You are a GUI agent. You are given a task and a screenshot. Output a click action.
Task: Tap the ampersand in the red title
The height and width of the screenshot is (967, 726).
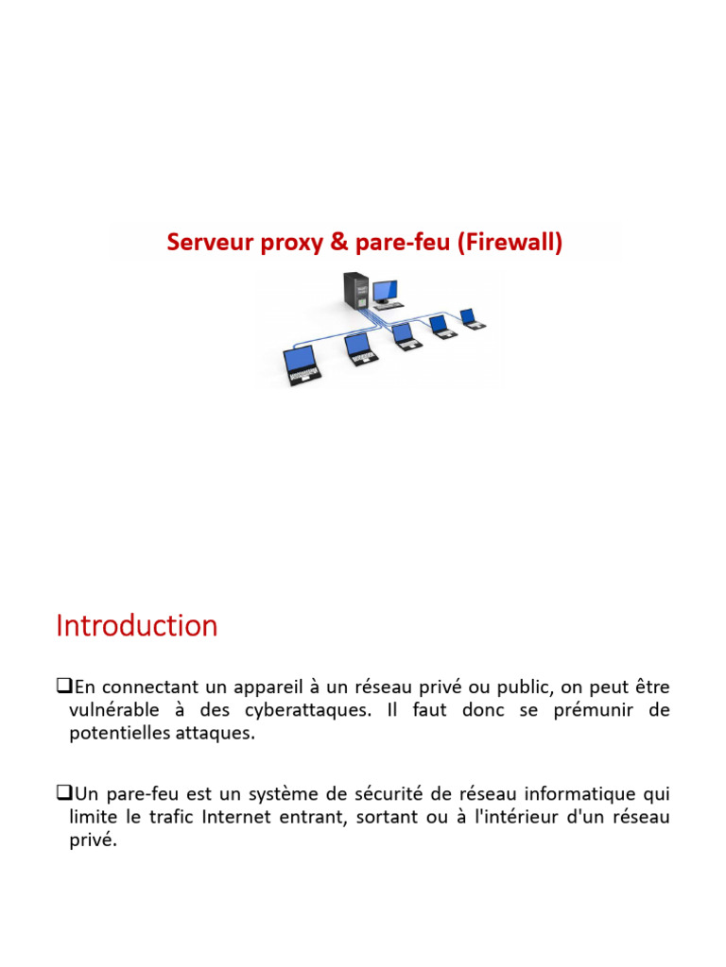click(x=339, y=243)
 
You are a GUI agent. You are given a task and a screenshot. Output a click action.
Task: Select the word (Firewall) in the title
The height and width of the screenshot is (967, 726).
click(x=510, y=243)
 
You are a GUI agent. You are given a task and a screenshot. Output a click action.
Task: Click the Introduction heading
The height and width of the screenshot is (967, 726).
click(x=137, y=626)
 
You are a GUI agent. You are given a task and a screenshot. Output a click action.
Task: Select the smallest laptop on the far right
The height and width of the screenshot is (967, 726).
click(x=470, y=317)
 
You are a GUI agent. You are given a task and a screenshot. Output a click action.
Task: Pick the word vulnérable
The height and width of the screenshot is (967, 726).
click(x=118, y=710)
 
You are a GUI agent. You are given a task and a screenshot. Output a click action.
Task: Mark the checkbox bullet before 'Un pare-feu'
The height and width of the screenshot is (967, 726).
click(x=63, y=793)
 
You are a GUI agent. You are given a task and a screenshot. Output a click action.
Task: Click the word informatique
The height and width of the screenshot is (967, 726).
click(x=564, y=793)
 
